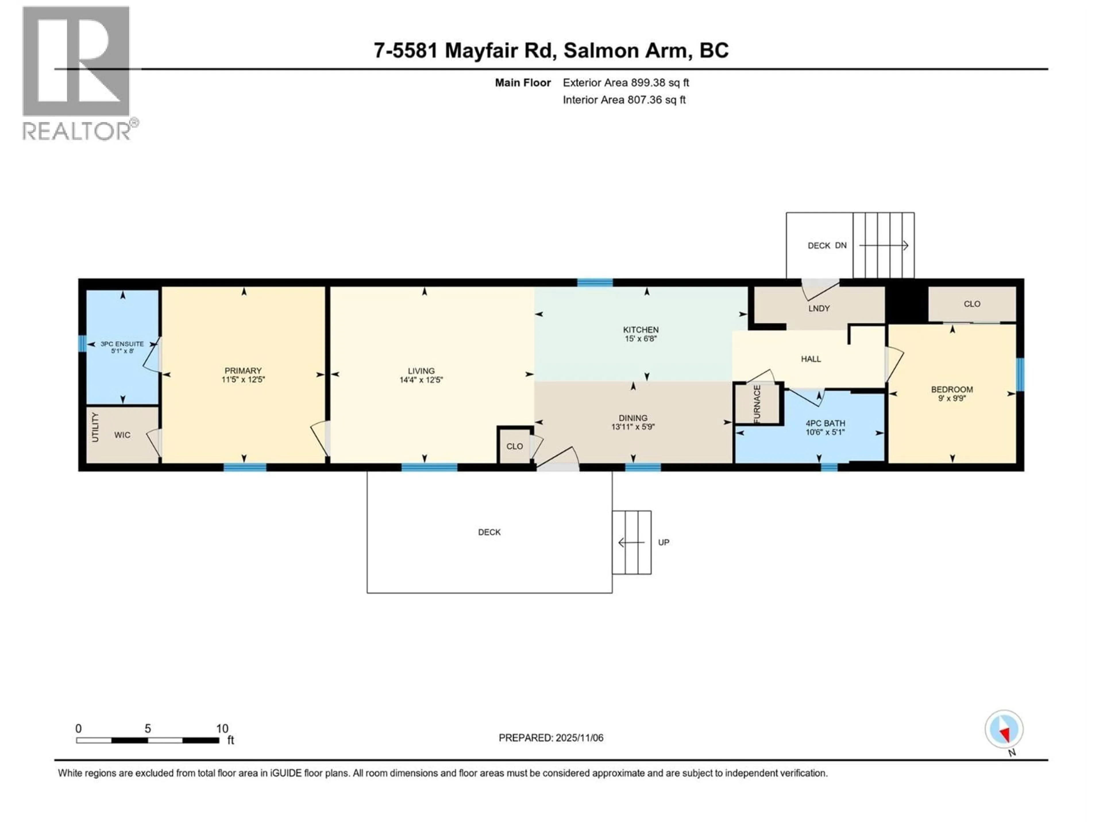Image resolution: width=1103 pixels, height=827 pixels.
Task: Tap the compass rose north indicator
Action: click(x=1004, y=729)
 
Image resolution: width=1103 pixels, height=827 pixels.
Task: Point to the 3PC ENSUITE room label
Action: click(x=122, y=344)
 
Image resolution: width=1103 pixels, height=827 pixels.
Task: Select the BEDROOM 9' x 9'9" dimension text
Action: click(x=952, y=398)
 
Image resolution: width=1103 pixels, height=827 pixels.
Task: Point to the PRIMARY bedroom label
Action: click(x=243, y=370)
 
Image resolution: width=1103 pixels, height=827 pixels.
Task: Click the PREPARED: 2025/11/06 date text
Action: click(x=551, y=738)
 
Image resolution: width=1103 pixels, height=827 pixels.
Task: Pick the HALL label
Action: click(x=811, y=359)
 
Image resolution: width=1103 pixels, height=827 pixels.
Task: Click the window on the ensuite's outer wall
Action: click(x=82, y=343)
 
